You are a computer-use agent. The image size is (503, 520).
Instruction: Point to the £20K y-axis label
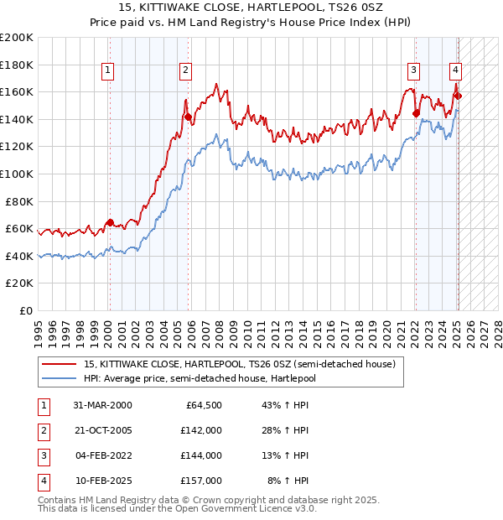20,283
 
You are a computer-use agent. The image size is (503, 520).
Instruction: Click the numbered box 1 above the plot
109,70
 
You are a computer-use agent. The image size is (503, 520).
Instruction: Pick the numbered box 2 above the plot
184,70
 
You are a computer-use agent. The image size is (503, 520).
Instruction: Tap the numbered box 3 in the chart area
414,70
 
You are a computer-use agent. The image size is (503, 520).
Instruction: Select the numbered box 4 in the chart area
454,70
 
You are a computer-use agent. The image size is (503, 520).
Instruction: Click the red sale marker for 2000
110,222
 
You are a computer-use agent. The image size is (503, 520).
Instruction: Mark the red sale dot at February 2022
416,113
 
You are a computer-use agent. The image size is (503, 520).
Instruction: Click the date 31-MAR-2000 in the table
102,405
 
